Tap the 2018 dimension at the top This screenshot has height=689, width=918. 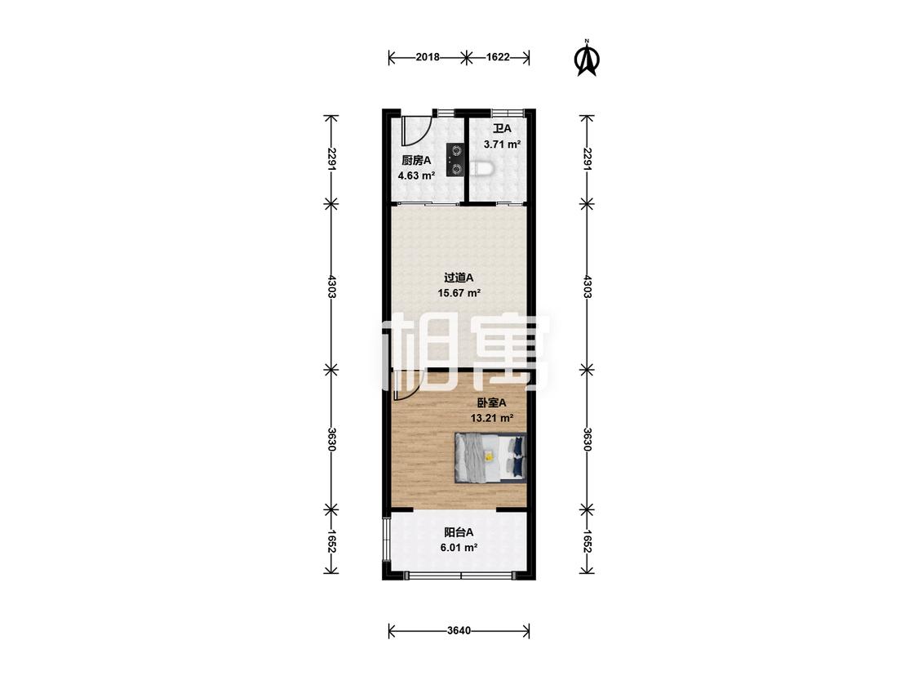click(428, 57)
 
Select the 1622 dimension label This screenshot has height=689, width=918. click(498, 57)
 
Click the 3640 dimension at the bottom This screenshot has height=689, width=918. click(459, 631)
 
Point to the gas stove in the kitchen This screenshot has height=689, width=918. click(455, 161)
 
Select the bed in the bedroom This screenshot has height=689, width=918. click(490, 458)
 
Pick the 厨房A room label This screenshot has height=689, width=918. click(416, 160)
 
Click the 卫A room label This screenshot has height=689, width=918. click(502, 128)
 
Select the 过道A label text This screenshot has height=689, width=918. click(459, 278)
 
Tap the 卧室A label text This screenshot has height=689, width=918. click(491, 402)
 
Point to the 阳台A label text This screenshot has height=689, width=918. click(459, 532)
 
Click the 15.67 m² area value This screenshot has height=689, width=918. click(459, 293)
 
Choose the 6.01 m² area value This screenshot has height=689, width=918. click(459, 548)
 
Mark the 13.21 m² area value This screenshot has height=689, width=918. click(492, 418)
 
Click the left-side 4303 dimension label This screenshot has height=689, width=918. click(332, 287)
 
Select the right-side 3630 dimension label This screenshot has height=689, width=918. click(588, 439)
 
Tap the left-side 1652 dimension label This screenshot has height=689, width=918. click(332, 541)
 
